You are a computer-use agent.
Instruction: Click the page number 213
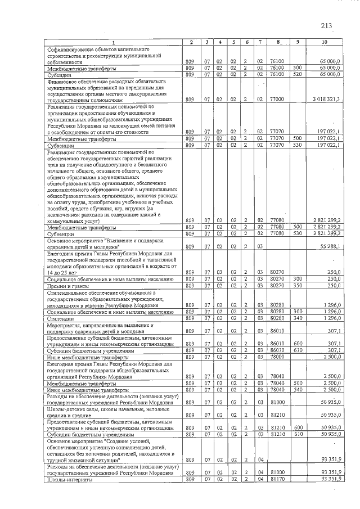pos(326,25)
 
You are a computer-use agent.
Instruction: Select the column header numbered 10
pos(325,43)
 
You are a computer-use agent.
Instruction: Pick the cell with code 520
pos(298,74)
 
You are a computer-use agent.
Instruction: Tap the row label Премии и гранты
pos(69,286)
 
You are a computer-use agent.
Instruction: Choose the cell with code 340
pos(298,319)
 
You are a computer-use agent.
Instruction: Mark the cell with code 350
pos(298,286)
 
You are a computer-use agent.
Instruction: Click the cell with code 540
pos(298,389)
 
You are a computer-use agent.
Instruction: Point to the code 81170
pos(277,479)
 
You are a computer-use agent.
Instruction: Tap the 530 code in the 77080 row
pos(298,233)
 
